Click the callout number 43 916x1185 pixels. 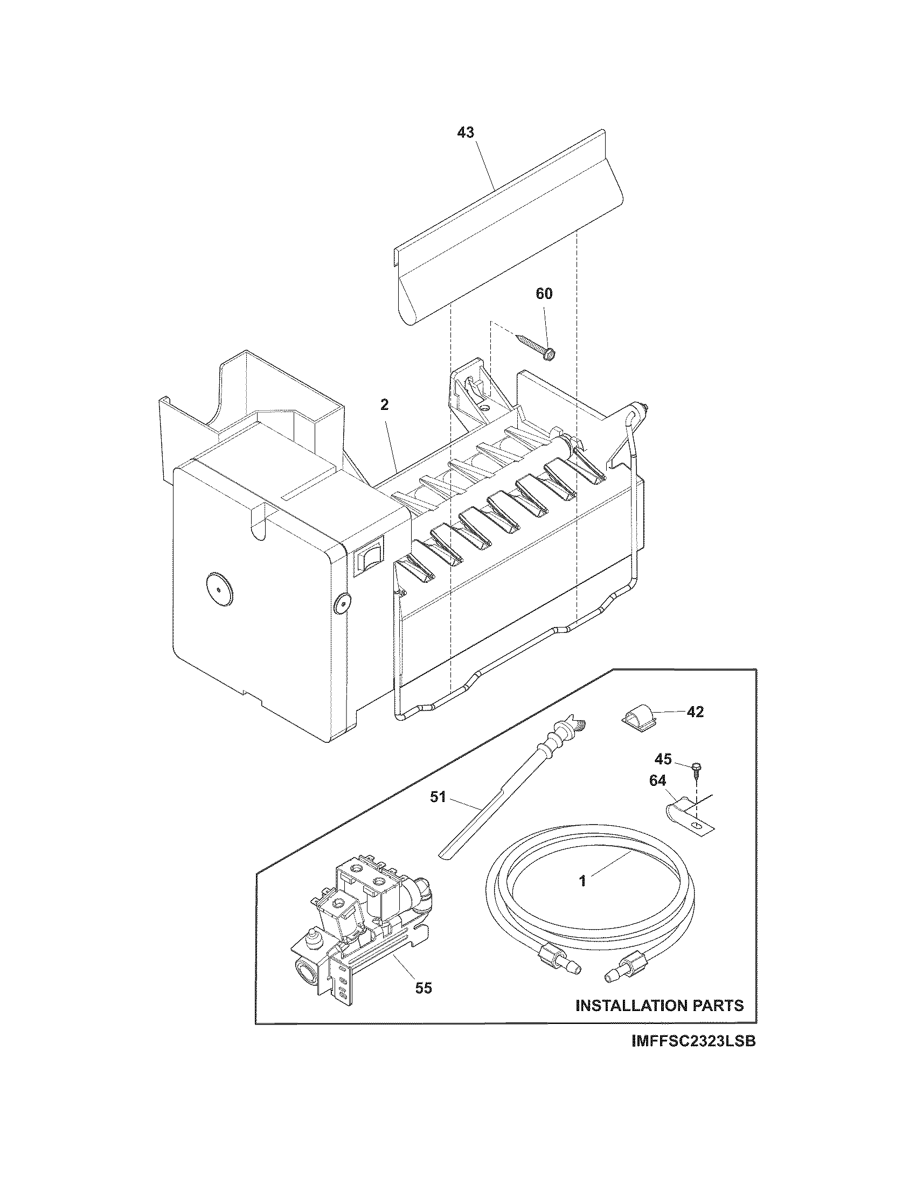pos(466,132)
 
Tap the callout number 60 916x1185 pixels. pos(544,294)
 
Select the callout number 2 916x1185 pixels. pos(384,405)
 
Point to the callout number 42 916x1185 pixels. pos(695,712)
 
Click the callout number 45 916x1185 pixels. pos(663,759)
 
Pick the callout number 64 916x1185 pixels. pos(657,781)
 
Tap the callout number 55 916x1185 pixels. pos(424,988)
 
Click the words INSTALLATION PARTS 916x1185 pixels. pos(660,1006)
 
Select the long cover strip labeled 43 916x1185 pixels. pos(505,228)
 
